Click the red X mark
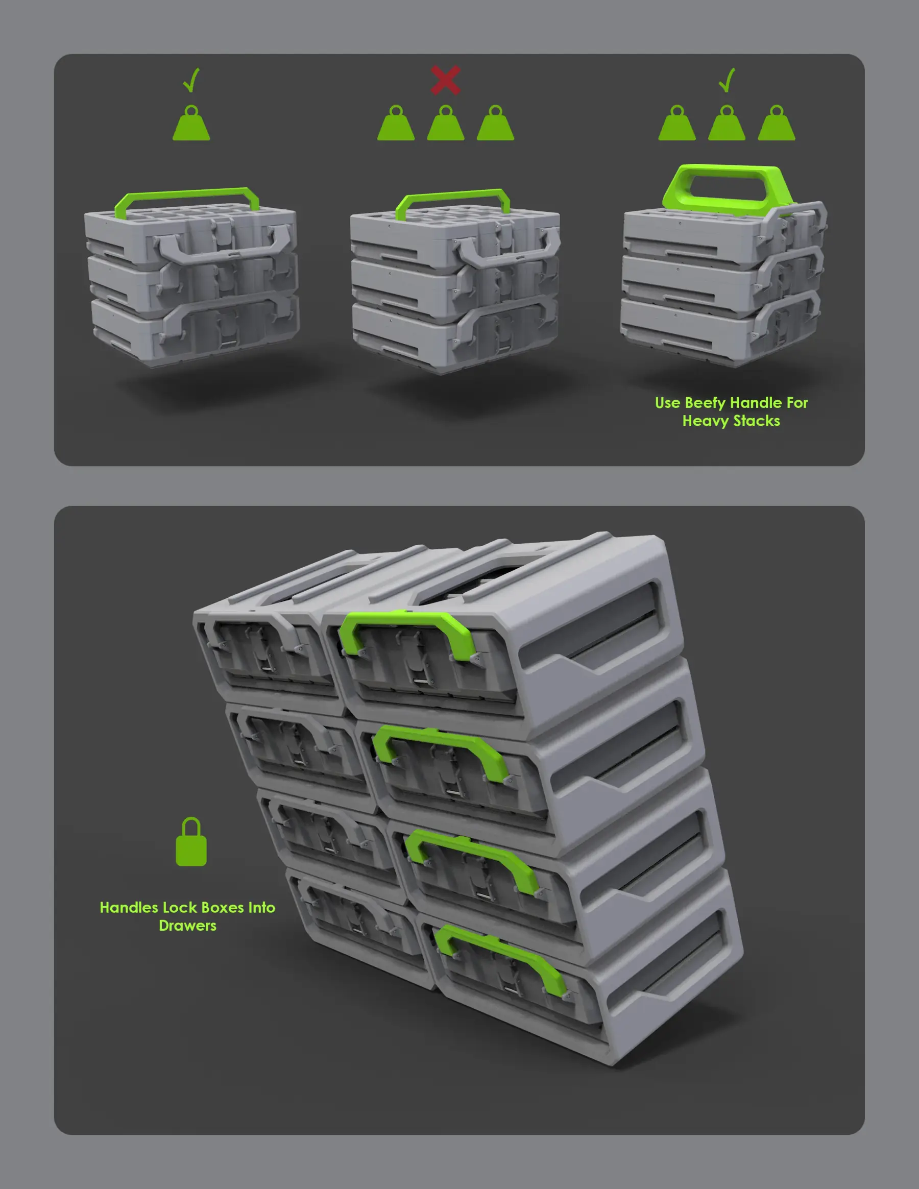445,81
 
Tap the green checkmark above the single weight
191,81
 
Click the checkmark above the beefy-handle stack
727,81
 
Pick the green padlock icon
191,842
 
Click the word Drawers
187,926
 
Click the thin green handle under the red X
453,195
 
